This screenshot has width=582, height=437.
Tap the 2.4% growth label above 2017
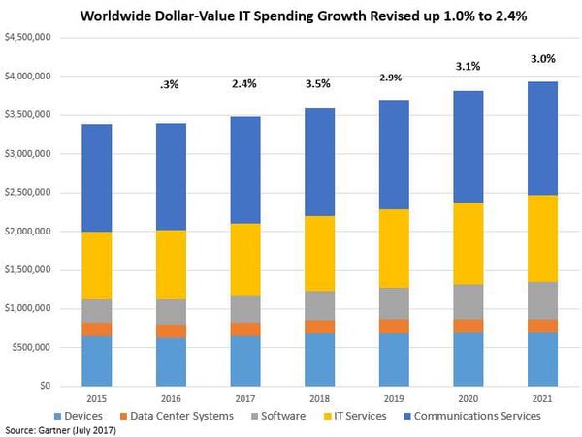click(x=245, y=83)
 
